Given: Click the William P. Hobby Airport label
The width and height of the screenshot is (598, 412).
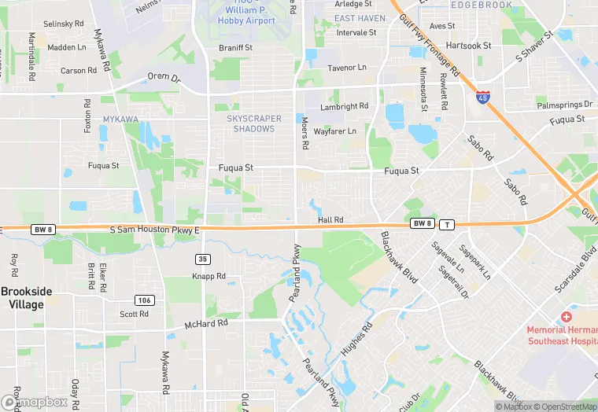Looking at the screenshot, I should coord(246,16).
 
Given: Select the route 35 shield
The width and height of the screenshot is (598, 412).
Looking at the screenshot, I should coord(203,259).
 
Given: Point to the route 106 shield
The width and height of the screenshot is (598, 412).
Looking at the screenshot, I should coord(144,300).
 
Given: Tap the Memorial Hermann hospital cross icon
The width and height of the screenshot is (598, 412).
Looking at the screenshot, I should coord(566,316).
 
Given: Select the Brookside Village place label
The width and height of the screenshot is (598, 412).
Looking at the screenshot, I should coord(26,297).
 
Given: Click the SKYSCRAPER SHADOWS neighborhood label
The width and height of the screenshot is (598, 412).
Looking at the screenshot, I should coord(254,123).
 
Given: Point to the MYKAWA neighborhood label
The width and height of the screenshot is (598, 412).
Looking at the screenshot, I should coord(120,120).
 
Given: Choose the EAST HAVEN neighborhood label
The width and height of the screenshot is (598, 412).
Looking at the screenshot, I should coord(360,18).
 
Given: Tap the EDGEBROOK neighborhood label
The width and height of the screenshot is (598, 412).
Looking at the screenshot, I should coord(482,5).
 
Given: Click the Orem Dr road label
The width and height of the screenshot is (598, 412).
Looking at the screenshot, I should coord(164,78).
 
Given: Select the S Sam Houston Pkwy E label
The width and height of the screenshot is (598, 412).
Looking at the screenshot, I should coord(155,230).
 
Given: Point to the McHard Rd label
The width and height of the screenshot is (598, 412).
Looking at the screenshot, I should coord(205,323).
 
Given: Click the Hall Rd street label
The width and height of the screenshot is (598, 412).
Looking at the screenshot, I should coord(330,220).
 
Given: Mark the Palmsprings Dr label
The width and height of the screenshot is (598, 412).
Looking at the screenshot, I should coord(564,105).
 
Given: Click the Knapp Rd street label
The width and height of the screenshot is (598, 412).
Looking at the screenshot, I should coord(209,277).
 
